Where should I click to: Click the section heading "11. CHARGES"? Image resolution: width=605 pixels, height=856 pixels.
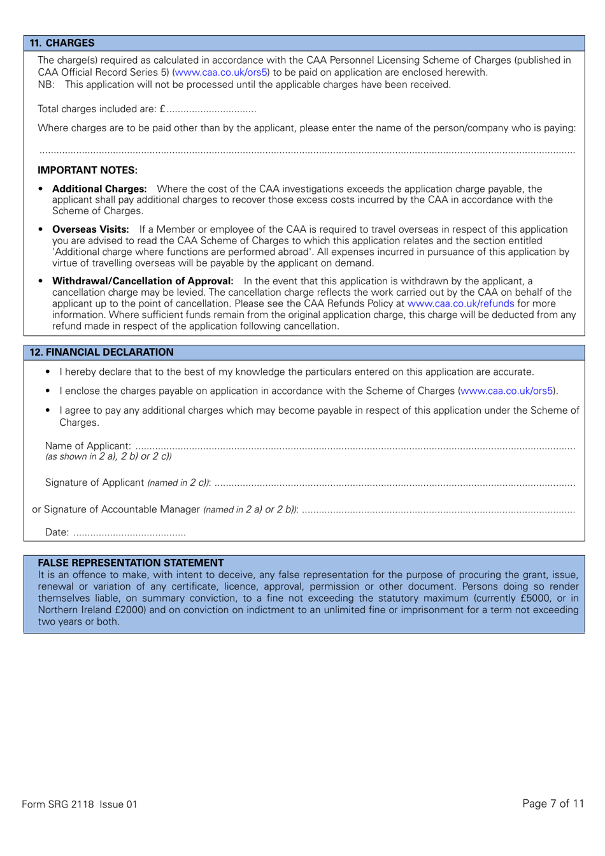62,43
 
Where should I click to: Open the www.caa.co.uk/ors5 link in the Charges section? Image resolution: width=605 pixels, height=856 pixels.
221,73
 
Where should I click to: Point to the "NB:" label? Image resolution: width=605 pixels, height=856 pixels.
46,85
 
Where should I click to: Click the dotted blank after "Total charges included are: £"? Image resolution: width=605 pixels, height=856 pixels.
211,110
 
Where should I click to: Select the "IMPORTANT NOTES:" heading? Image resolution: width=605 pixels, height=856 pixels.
87,170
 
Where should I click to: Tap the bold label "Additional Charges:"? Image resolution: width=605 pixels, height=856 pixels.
99,189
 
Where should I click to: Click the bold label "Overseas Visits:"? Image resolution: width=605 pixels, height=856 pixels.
90,229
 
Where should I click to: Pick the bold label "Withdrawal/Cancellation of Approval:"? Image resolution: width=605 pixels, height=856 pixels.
143,281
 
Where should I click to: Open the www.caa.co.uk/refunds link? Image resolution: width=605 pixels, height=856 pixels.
460,303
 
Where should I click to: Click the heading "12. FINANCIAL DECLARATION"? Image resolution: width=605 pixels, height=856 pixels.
101,352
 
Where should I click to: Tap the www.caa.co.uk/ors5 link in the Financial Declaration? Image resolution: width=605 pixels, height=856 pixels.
507,391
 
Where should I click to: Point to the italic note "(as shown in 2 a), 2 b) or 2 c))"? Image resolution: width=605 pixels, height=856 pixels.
108,456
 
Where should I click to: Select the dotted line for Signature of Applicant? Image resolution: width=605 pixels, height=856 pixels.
395,483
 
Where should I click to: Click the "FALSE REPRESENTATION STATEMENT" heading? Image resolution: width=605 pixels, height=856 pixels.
131,563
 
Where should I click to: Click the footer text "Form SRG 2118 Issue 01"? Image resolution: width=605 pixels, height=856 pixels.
80,804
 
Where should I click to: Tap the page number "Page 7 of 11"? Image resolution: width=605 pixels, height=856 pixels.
553,804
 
